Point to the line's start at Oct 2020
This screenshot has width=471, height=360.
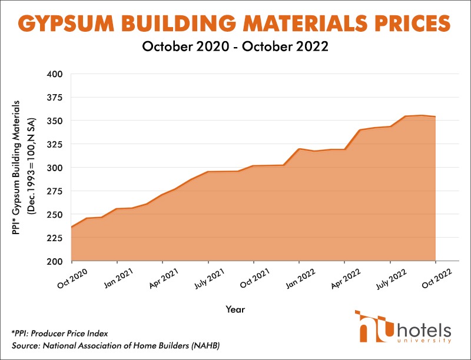[71, 227]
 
